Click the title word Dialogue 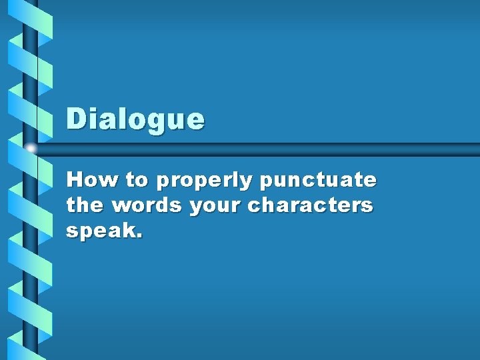click(135, 120)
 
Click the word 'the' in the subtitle click(85, 205)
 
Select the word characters click(310, 205)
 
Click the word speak click(101, 232)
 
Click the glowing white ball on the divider click(31, 149)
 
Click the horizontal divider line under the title click(267, 149)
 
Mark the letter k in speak click(130, 231)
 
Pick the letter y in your click(196, 208)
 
